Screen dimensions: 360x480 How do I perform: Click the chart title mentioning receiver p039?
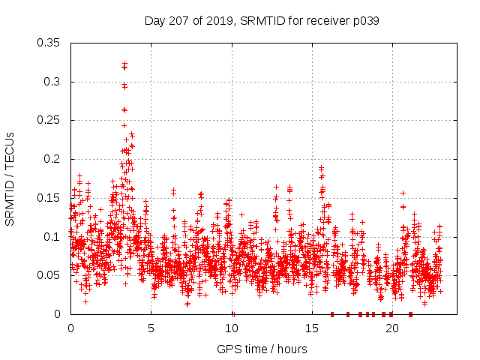coord(262,21)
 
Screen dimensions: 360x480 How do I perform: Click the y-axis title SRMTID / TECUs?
coord(10,178)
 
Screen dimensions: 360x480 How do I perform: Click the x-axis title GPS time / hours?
coord(262,349)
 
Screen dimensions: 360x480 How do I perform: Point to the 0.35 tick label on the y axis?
coord(49,43)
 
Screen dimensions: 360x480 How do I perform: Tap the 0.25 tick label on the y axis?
coord(49,120)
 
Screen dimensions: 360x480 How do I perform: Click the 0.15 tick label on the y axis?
coord(49,198)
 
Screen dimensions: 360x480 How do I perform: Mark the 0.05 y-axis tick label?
coord(49,275)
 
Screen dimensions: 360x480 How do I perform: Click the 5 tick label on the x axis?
coord(151,328)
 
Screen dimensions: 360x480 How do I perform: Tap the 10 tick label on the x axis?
coord(232,328)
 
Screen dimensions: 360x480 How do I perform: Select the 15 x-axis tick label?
coord(312,328)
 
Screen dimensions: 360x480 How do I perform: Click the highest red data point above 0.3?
coord(124,64)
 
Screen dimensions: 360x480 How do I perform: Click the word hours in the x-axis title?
coord(292,349)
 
